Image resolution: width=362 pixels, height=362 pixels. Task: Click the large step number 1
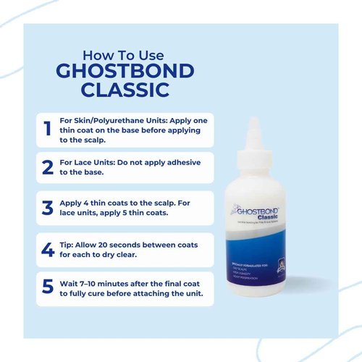pos(47,129)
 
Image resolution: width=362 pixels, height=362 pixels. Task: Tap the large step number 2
pos(48,167)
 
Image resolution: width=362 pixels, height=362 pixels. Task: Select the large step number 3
pos(48,208)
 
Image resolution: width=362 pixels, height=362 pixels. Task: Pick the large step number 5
pos(48,287)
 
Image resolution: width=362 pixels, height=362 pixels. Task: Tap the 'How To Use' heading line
pos(124,55)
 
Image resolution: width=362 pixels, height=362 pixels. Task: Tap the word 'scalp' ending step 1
pos(92,140)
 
